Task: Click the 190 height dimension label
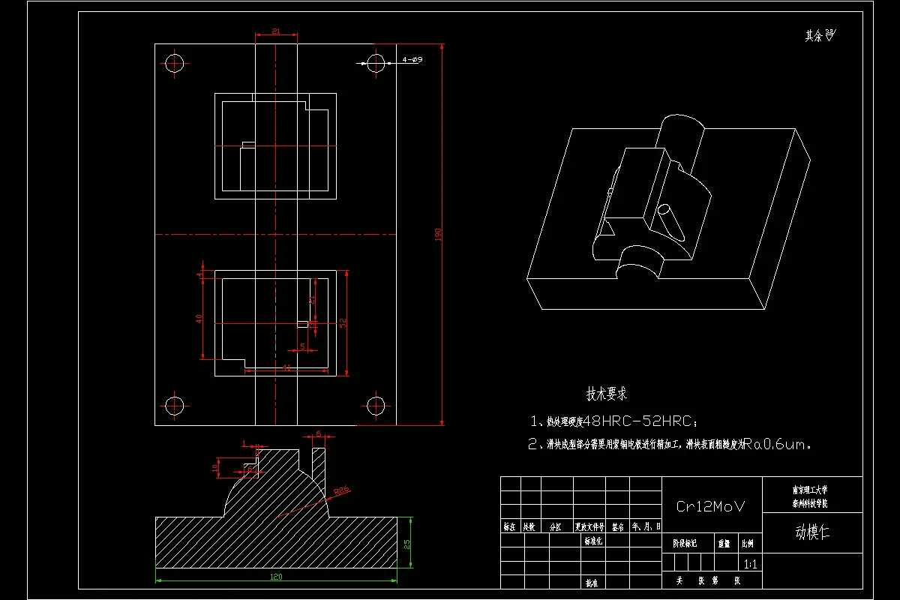[438, 234]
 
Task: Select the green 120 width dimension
[275, 577]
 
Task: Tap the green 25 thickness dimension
[406, 545]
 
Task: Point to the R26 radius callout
[341, 491]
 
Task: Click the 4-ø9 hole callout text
[412, 59]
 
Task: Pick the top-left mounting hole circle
[175, 62]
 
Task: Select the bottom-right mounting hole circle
[376, 406]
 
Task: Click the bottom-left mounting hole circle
[175, 406]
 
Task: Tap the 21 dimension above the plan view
[275, 31]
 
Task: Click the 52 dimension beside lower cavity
[343, 322]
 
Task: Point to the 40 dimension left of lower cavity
[199, 318]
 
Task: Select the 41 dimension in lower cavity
[286, 367]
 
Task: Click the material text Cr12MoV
[711, 506]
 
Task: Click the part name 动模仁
[812, 532]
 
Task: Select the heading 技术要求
[606, 393]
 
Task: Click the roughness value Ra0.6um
[780, 444]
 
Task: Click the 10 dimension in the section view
[215, 468]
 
